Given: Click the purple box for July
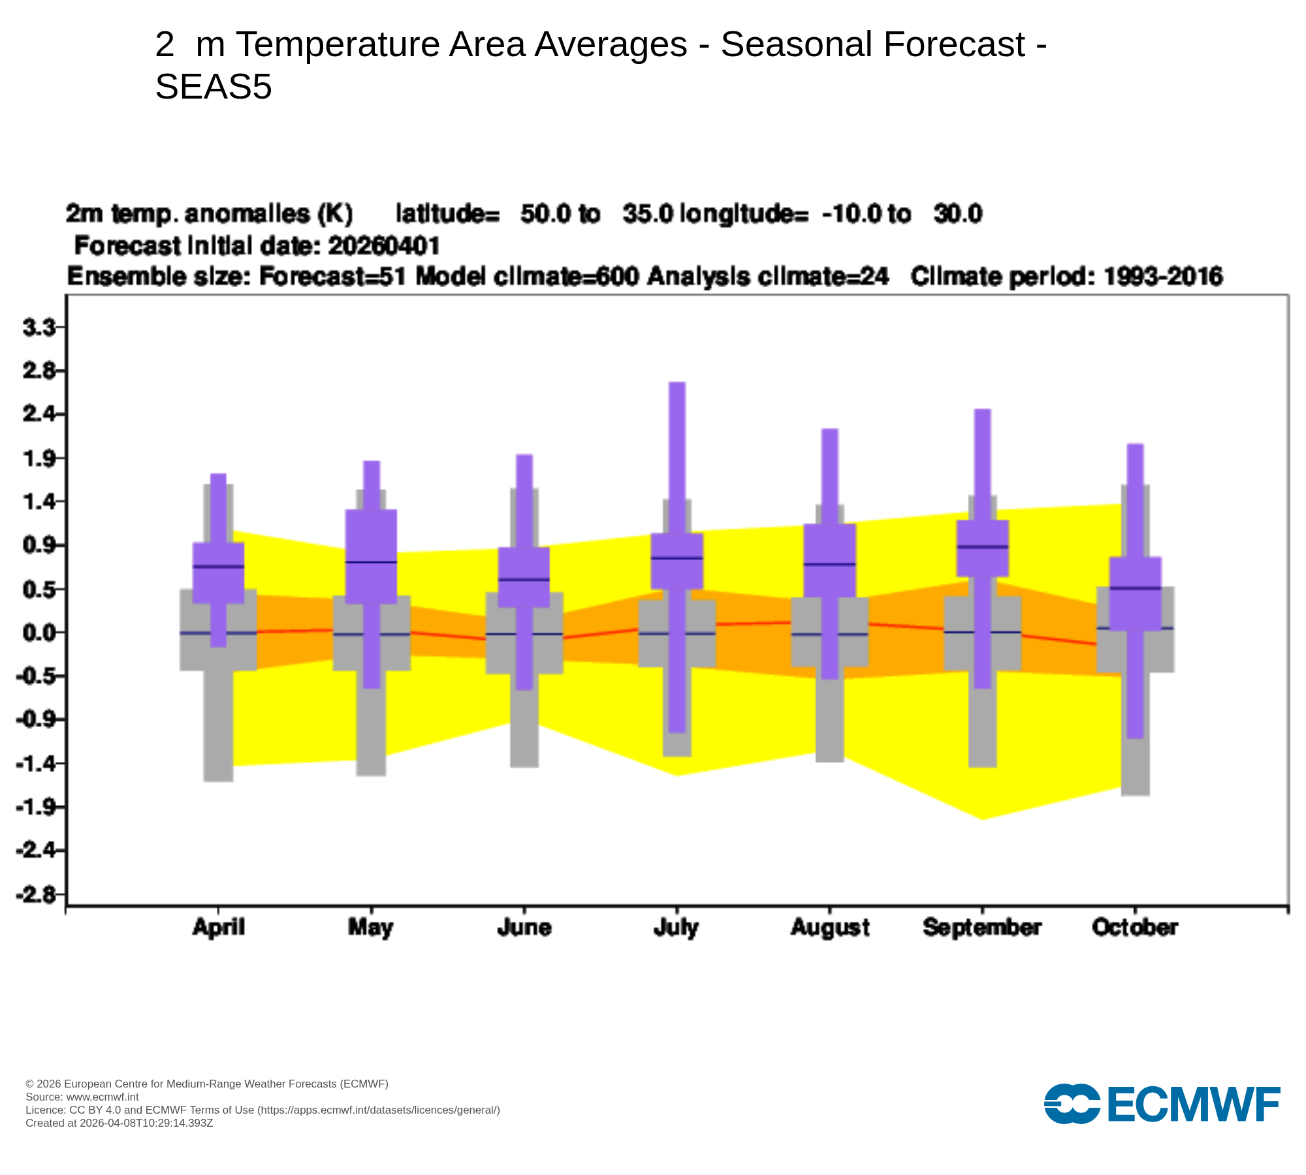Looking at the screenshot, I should [x=677, y=561].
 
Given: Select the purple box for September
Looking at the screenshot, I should [x=982, y=548].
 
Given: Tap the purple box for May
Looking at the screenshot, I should [x=371, y=556].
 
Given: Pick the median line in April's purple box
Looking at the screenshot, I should [x=218, y=567].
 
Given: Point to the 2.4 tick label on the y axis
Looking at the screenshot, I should [x=39, y=414].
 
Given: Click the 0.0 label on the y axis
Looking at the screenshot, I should [x=39, y=633].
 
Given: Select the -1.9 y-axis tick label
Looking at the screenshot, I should [x=38, y=807].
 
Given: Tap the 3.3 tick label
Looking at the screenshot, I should [x=39, y=327].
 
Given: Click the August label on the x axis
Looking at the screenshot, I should [x=830, y=928].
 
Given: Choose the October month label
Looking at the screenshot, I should [x=1135, y=928].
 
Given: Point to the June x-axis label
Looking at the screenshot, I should [x=524, y=928].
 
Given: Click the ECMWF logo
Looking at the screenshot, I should [x=1162, y=1104].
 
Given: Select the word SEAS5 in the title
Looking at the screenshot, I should [x=214, y=87].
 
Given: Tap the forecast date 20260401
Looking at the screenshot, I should [x=384, y=246].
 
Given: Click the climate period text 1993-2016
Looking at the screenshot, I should [x=1163, y=277].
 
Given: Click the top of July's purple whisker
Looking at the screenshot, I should [x=677, y=384].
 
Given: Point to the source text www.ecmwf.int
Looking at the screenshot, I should [x=103, y=1097].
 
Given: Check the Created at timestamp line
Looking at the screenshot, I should [x=119, y=1123].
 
